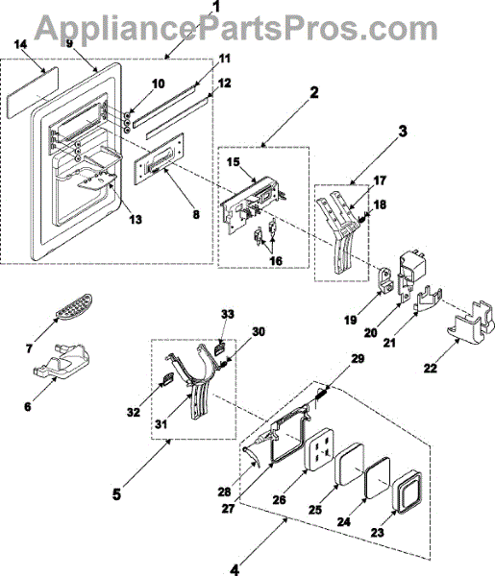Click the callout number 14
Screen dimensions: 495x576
20,45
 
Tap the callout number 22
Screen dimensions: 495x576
431,368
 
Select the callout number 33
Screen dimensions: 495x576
227,315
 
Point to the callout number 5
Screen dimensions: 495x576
116,494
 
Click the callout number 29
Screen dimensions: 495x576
358,358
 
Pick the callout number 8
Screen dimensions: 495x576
196,214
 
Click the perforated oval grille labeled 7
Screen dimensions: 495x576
74,305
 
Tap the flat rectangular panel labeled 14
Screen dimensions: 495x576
32,92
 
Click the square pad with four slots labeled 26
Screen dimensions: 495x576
319,450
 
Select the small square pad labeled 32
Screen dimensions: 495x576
167,378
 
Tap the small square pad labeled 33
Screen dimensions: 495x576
219,348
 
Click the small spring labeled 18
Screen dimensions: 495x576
361,220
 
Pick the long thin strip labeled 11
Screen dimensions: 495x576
164,105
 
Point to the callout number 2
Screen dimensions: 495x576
313,92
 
